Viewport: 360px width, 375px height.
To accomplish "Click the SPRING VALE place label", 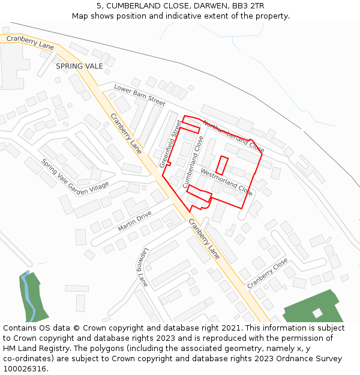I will coord(79,66).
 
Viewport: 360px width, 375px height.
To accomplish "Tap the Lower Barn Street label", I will coord(139,95).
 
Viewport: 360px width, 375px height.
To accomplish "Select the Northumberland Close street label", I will coord(233,136).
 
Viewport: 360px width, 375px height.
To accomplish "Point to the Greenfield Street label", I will coord(170,143).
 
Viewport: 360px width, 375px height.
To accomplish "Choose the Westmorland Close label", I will coord(226,182).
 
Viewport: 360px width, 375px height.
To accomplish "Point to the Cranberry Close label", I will coord(268,273).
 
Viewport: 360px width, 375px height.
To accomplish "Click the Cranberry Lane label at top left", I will coord(30,42).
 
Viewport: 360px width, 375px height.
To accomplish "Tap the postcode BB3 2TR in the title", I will coord(247,5).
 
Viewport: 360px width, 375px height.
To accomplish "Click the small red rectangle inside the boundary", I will coord(222,165).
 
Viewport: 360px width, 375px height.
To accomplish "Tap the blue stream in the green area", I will coord(26,294).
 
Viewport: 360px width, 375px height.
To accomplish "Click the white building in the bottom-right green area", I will coord(317,313).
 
